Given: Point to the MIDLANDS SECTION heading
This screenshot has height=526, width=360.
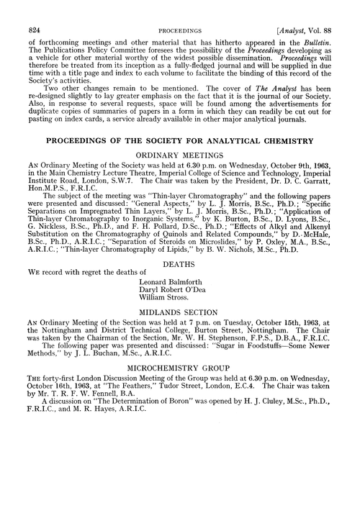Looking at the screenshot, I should pos(180,313).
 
